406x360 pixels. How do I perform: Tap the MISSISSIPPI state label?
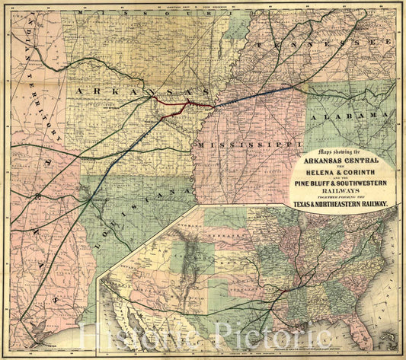point(250,143)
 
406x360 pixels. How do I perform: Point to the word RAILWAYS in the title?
point(342,193)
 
